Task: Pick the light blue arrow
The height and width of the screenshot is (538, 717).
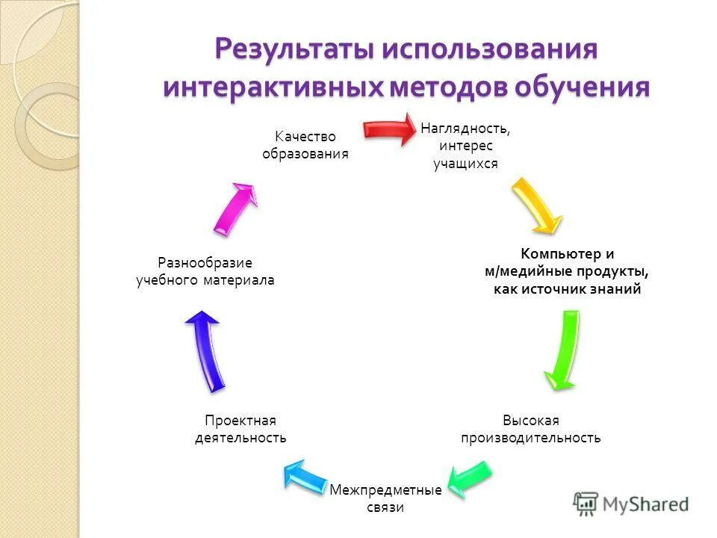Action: point(305,476)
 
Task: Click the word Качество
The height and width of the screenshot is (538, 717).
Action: point(305,137)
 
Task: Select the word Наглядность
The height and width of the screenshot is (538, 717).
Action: point(465,129)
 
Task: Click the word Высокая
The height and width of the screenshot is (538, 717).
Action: point(530,421)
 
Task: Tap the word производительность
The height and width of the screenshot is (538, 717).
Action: point(530,438)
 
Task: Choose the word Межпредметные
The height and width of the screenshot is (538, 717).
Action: point(385,490)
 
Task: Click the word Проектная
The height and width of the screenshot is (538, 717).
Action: point(240,421)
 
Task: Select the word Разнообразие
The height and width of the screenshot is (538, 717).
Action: point(205,263)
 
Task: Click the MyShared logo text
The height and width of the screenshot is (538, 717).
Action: point(645,504)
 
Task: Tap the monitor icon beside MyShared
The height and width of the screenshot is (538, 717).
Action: point(586,504)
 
